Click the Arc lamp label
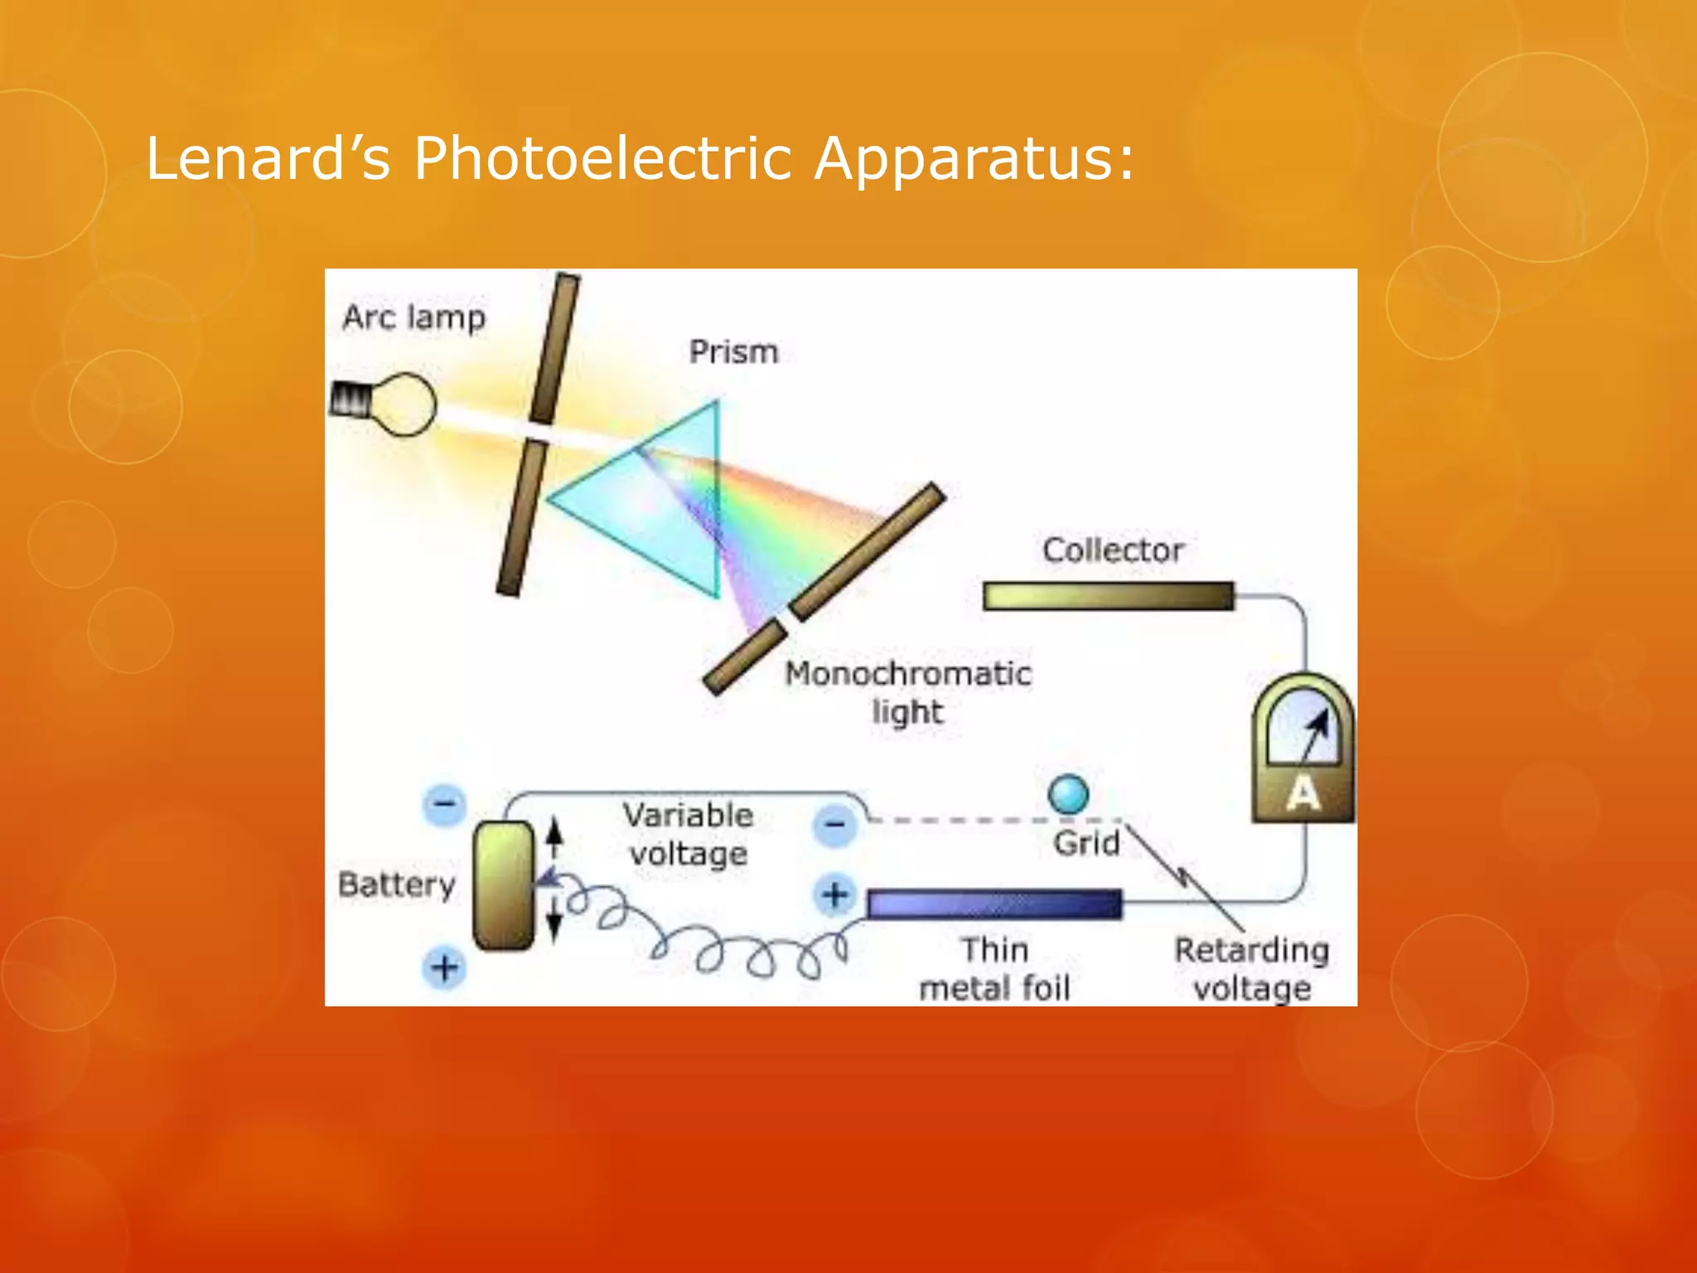(x=414, y=317)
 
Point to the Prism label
(x=734, y=352)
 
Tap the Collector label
(x=1113, y=550)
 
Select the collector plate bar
(x=1108, y=596)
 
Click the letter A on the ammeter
(x=1303, y=793)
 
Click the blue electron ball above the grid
(x=1068, y=794)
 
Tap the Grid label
(x=1086, y=844)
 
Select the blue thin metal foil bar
(x=994, y=904)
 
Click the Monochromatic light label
(x=908, y=692)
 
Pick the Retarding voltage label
(x=1252, y=968)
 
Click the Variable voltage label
(x=688, y=834)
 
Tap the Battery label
(x=397, y=884)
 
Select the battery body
(x=503, y=885)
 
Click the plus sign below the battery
(x=445, y=967)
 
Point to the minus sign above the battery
(x=445, y=804)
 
